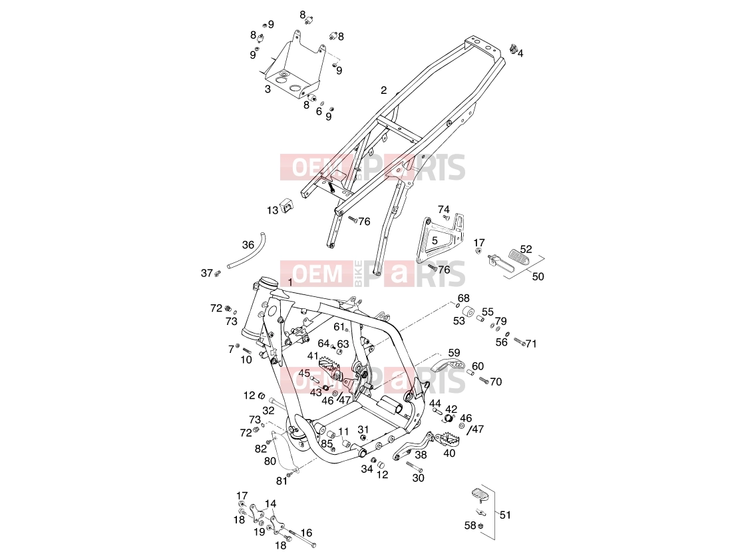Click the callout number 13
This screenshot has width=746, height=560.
point(272,210)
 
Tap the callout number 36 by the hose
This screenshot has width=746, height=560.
point(248,245)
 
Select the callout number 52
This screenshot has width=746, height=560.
point(526,249)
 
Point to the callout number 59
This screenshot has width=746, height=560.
point(454,353)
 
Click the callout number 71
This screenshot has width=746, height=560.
point(531,344)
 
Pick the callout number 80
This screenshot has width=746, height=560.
point(270,461)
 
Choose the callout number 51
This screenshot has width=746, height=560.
point(505,515)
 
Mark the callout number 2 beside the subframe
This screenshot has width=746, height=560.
point(383,90)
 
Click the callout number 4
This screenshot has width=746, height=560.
point(520,53)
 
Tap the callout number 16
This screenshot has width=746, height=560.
point(306,533)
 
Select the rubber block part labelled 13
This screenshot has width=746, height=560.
point(287,206)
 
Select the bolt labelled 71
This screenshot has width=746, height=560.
point(520,342)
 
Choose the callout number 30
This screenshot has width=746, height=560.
point(418,477)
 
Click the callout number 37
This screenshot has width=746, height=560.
point(206,273)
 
